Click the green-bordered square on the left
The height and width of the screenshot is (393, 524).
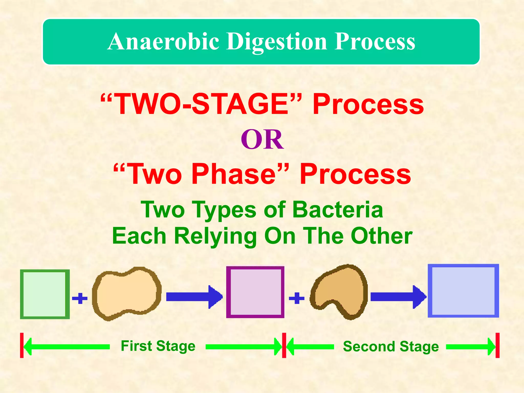(45, 294)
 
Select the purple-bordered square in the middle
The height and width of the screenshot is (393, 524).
(255, 292)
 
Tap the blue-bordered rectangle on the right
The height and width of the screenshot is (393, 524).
(463, 291)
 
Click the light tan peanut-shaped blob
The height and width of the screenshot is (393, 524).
(127, 293)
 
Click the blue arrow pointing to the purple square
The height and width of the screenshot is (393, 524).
(194, 297)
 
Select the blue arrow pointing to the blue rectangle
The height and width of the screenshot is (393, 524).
(398, 297)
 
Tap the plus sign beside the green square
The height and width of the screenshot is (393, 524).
(80, 298)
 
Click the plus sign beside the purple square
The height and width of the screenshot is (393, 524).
(297, 298)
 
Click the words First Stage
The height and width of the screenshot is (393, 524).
(158, 346)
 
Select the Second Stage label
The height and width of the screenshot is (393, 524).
(391, 346)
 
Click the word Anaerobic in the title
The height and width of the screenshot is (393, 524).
(163, 41)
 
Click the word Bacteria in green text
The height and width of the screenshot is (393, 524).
(337, 210)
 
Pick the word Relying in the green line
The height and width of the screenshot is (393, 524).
(215, 236)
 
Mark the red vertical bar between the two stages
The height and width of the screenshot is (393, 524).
(284, 345)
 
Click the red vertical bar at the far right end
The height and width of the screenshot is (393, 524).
(497, 345)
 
